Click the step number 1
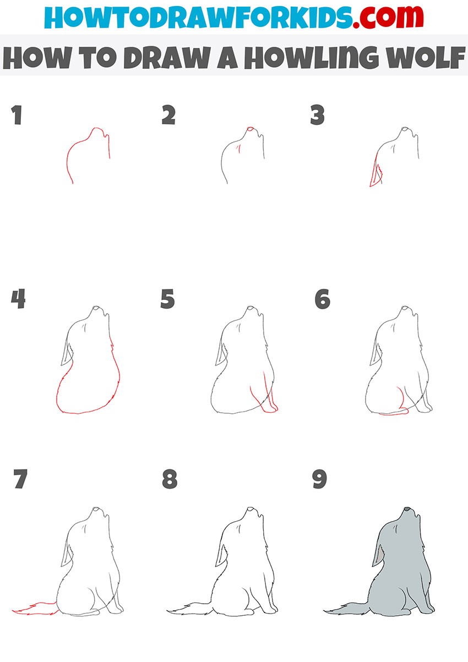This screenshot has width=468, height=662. [17, 114]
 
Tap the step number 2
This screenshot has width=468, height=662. [168, 114]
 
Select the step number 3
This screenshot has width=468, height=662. [317, 114]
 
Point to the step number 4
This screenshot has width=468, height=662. [18, 299]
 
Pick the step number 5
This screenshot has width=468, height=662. [167, 299]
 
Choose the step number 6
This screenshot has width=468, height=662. [322, 299]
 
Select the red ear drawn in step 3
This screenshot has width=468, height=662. [376, 173]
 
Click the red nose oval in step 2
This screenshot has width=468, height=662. [250, 129]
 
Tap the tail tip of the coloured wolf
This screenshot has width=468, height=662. [325, 610]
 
